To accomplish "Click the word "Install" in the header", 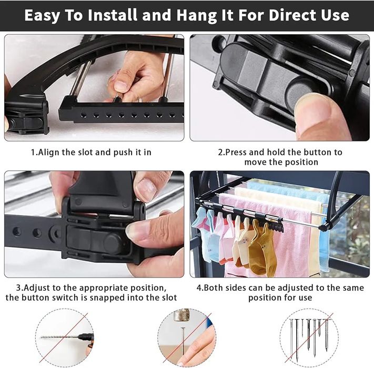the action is coord(113,15).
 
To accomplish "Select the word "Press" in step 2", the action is coord(236,152).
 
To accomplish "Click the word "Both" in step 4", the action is coord(214,288).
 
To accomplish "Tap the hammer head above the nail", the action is coord(182,315).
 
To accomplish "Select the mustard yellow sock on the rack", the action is coord(261,250).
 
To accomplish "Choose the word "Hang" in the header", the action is coord(196,15).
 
